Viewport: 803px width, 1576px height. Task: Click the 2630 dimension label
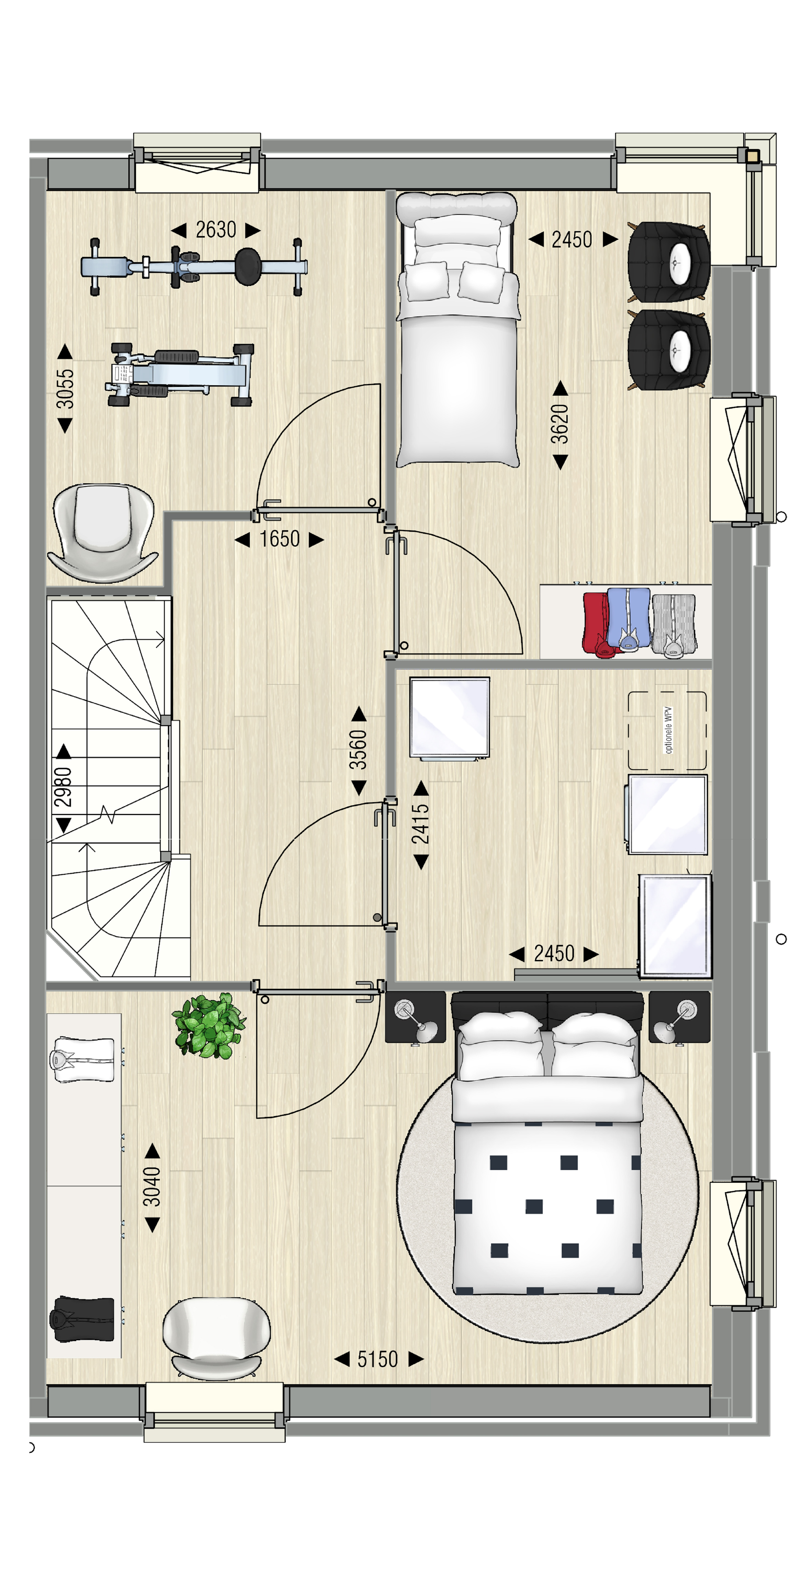216,230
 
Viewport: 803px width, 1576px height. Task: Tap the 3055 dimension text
65,389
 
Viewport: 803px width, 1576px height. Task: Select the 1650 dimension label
279,539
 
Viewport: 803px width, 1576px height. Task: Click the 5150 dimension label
378,1359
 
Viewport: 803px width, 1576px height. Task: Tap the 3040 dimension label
152,1186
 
